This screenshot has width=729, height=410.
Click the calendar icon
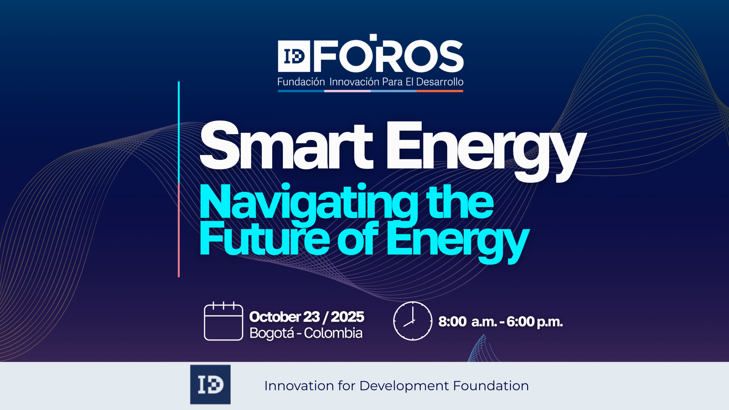(x=224, y=321)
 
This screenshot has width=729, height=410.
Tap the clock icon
(x=413, y=321)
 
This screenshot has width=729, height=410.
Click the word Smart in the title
(x=286, y=145)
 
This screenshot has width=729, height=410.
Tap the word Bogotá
(x=272, y=333)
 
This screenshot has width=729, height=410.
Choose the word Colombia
(x=333, y=333)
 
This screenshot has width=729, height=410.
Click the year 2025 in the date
(x=347, y=317)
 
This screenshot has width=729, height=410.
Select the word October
(x=275, y=317)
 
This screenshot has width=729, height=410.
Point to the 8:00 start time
(x=452, y=322)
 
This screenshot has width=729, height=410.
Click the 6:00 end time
(x=521, y=322)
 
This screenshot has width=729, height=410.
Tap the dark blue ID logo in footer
(x=210, y=385)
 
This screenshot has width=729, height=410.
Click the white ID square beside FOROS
(x=294, y=56)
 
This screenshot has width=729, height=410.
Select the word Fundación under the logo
(x=301, y=82)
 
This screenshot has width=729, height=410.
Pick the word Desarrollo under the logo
(x=440, y=82)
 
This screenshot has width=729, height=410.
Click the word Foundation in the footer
(x=491, y=386)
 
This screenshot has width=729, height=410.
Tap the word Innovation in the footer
(x=299, y=386)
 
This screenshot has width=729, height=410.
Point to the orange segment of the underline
(x=440, y=91)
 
